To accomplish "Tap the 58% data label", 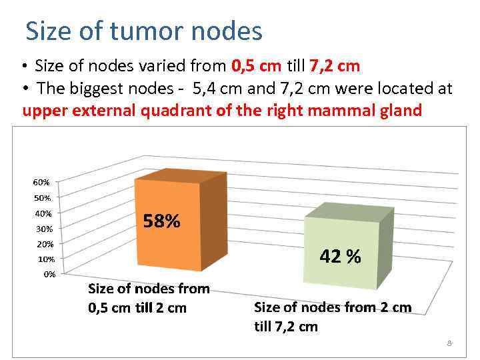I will tap(162, 221).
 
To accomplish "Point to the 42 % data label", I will tap(340, 256).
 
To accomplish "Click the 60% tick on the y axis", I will tap(41, 182).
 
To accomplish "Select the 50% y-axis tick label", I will tap(41, 198).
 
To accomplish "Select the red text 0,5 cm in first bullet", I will tap(257, 66).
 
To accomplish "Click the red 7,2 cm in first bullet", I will tap(335, 66).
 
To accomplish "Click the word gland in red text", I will tap(402, 110).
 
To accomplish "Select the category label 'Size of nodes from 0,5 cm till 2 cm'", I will tap(149, 298).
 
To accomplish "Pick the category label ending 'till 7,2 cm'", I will tap(333, 317).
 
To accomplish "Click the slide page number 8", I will tap(449, 343).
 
